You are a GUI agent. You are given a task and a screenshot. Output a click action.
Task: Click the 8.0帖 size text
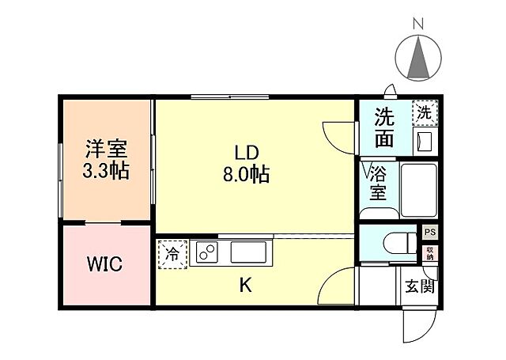246,175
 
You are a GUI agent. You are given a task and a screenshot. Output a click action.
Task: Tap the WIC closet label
104,264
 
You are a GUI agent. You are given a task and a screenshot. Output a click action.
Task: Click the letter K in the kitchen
246,286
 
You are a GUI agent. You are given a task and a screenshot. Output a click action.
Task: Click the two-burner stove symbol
206,253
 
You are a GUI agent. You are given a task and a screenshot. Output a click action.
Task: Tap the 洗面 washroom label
385,128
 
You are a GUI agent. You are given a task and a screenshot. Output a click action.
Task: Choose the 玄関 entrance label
421,286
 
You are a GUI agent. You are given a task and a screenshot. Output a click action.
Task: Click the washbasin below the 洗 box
425,141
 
